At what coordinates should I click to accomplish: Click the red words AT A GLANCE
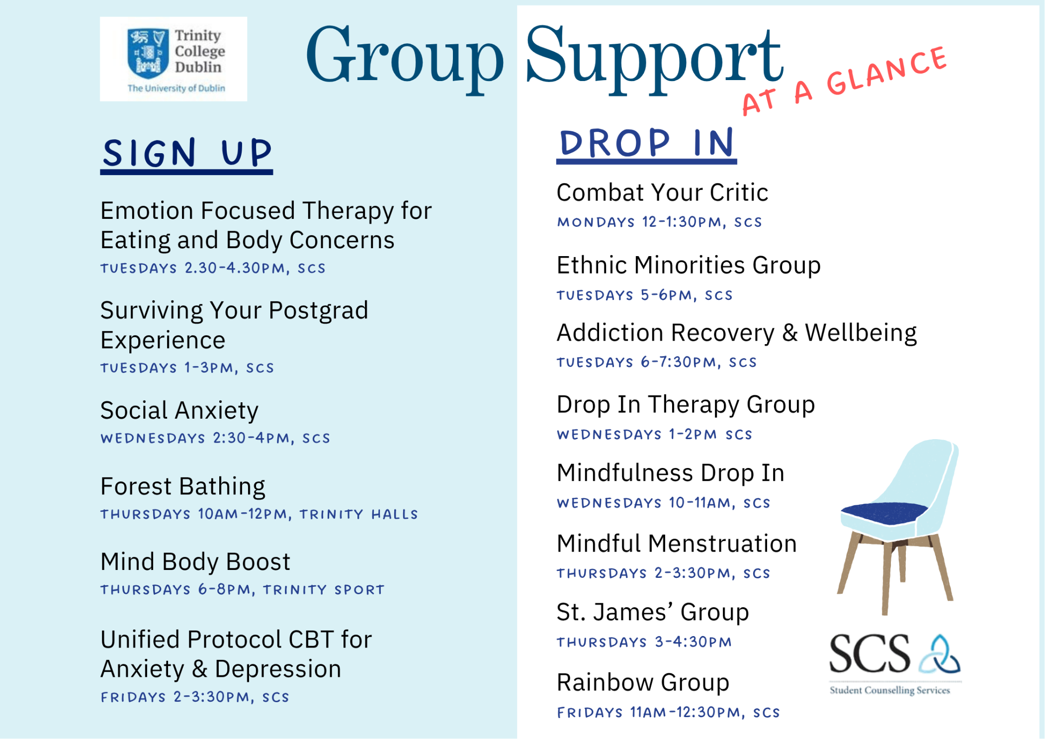pyautogui.click(x=844, y=81)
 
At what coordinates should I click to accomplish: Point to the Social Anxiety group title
pyautogui.click(x=179, y=411)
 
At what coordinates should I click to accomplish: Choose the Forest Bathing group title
pyautogui.click(x=183, y=486)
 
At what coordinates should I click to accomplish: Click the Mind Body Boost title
pyautogui.click(x=195, y=562)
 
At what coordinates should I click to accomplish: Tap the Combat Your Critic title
pyautogui.click(x=662, y=192)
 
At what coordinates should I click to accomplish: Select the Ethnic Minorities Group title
pyautogui.click(x=689, y=266)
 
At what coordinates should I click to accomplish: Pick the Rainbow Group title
pyautogui.click(x=643, y=683)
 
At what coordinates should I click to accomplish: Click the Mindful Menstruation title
pyautogui.click(x=677, y=544)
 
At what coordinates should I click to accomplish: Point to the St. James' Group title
pyautogui.click(x=653, y=612)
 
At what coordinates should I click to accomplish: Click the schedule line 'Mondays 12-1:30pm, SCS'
pyautogui.click(x=659, y=222)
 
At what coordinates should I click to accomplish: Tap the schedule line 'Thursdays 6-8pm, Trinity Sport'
pyautogui.click(x=243, y=590)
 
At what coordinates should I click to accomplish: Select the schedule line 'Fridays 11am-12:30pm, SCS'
pyautogui.click(x=668, y=713)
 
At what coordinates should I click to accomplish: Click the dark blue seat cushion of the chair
pyautogui.click(x=884, y=513)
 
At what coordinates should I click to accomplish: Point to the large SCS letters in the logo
pyautogui.click(x=870, y=654)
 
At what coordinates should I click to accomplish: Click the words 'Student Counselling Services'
pyautogui.click(x=890, y=690)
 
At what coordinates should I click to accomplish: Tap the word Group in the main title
pyautogui.click(x=405, y=57)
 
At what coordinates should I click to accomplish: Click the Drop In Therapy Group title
pyautogui.click(x=686, y=405)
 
